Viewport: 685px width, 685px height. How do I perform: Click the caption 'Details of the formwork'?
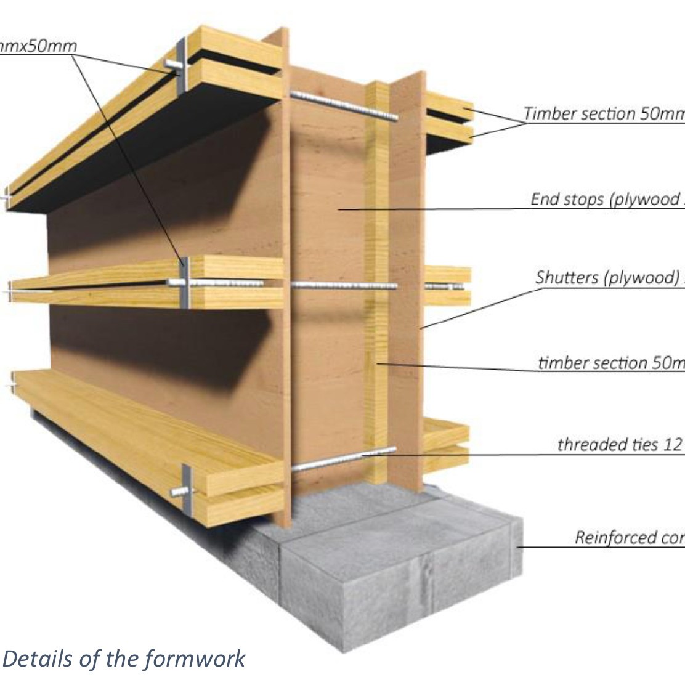tap(124, 659)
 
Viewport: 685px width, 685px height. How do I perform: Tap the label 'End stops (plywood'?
tap(607, 200)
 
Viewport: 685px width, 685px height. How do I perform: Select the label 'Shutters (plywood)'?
tap(607, 278)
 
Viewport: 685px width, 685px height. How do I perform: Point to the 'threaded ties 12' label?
tap(619, 444)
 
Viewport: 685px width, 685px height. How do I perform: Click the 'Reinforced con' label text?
tap(628, 537)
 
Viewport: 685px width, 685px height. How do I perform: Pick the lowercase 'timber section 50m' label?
tap(610, 363)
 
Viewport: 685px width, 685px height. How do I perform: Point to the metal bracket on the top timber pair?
tap(180, 68)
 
